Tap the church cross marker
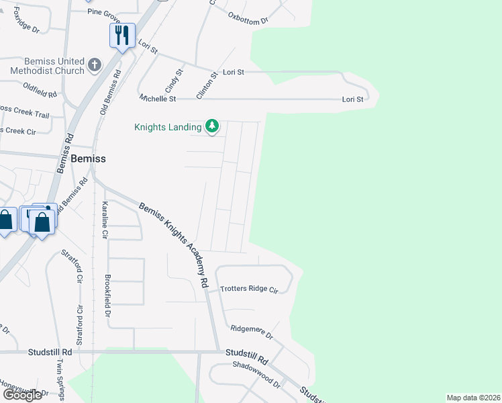tap(95, 65)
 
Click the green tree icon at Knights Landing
tap(212, 126)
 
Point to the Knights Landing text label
tap(168, 126)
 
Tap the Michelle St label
tap(158, 99)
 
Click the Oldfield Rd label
tap(40, 90)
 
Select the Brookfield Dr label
tap(107, 296)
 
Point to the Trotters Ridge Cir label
tap(249, 289)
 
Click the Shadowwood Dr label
tap(256, 374)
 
